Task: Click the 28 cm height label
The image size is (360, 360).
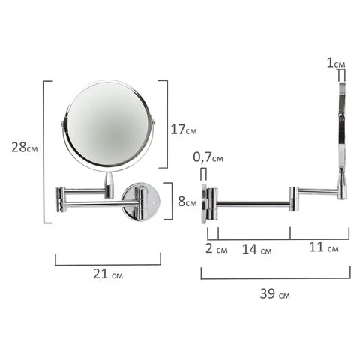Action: point(25,147)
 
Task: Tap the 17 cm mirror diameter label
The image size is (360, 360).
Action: point(184,130)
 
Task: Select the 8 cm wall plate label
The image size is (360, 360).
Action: point(187,202)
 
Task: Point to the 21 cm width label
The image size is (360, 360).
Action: point(108,274)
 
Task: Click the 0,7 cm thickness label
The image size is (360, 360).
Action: point(208,157)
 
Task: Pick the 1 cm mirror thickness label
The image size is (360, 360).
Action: point(336,63)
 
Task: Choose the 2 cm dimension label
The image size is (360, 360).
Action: point(217,248)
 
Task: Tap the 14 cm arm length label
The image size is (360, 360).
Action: point(256,249)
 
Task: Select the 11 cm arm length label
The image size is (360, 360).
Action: point(324,247)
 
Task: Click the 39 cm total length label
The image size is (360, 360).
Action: point(274,293)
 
